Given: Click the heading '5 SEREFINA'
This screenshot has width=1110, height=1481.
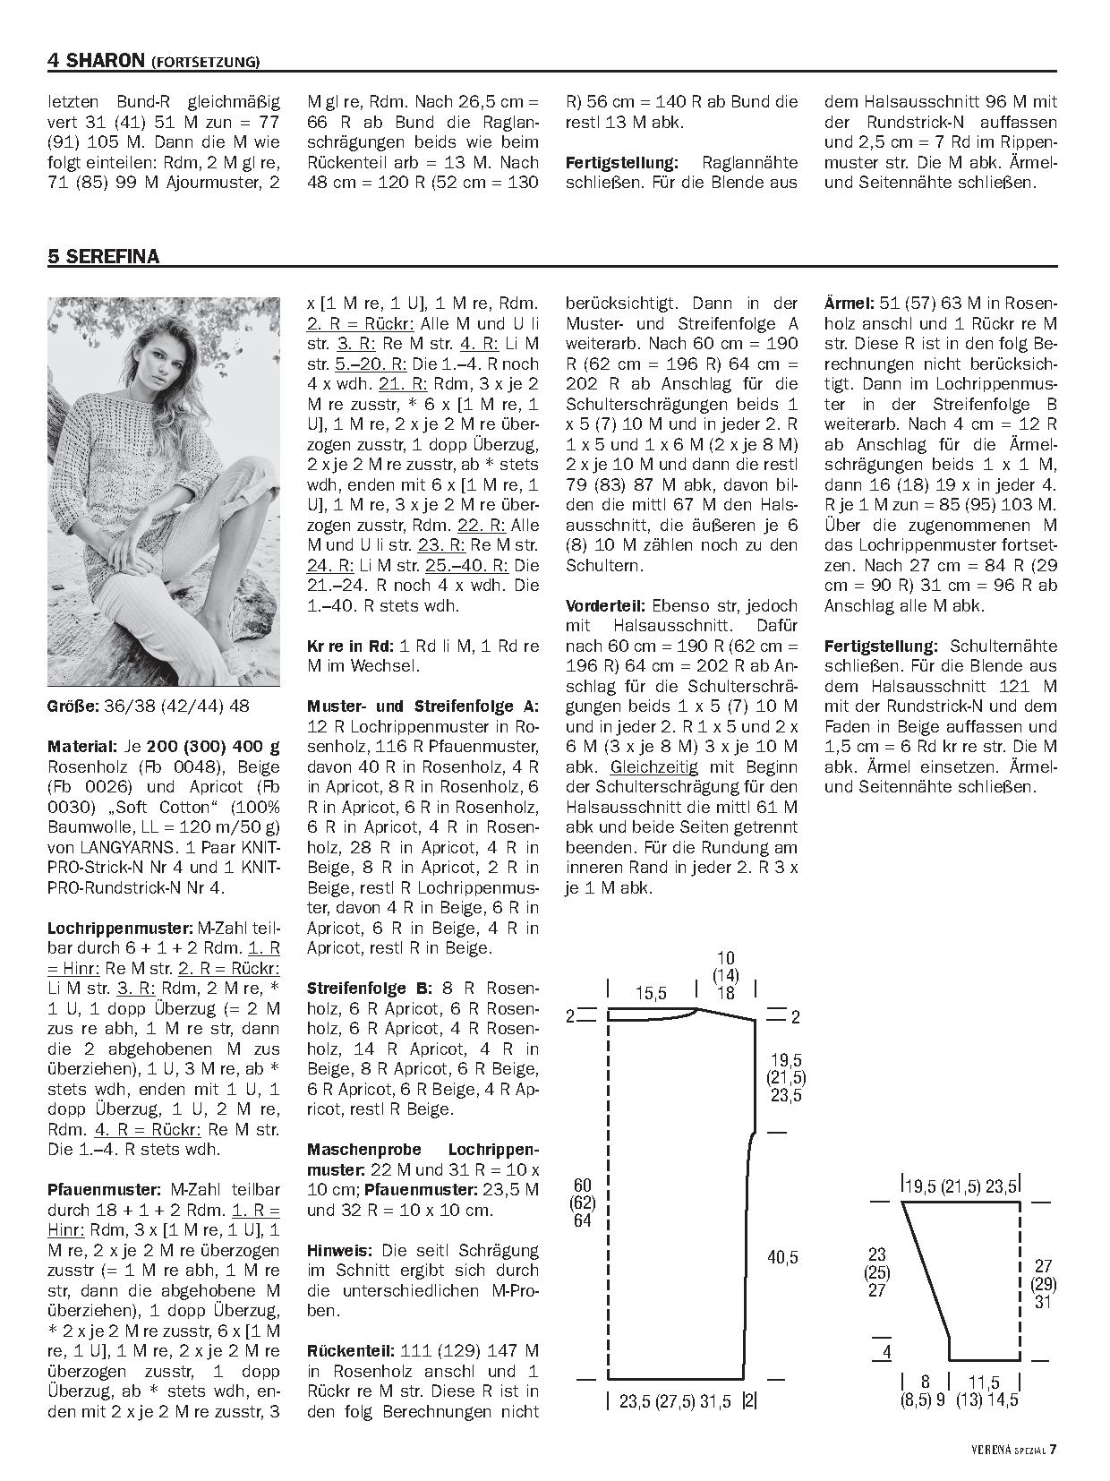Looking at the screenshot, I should coord(103,257).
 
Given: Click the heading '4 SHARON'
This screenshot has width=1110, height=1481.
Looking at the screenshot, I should coord(96,61).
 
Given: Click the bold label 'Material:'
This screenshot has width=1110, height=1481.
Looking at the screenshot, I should coord(81,746).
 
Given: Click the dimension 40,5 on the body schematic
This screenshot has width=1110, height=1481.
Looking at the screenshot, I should coord(781,1258).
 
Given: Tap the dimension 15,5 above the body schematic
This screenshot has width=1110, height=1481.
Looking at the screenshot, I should coord(651,993).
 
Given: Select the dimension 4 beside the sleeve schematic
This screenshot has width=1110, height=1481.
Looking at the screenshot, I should coord(886,1351).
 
